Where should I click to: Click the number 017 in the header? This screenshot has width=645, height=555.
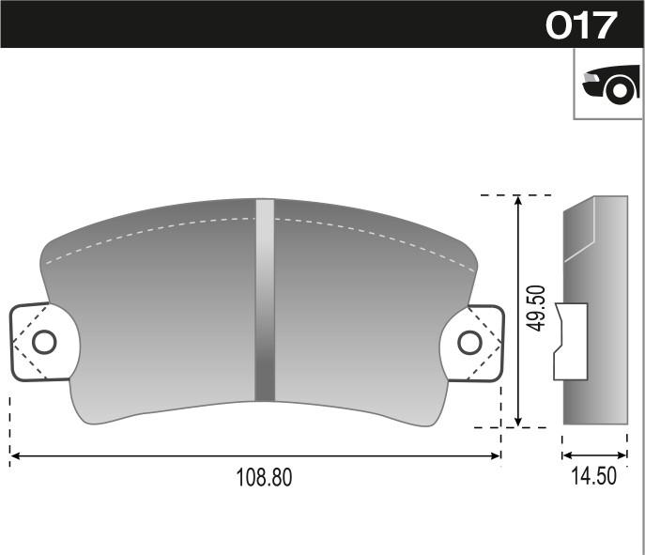tap(581, 24)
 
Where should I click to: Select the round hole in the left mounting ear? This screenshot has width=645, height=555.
tap(44, 342)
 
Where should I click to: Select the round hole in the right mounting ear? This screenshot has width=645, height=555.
tap(469, 343)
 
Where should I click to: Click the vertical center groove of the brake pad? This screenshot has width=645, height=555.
tap(265, 301)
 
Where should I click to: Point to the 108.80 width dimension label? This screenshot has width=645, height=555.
tap(263, 477)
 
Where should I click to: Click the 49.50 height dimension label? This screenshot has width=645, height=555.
tap(536, 310)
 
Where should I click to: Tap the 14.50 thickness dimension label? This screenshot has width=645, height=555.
tap(593, 476)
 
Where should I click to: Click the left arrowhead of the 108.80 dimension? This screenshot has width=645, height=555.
tap(15, 456)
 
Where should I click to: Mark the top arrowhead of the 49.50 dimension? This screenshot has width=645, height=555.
tap(518, 201)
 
